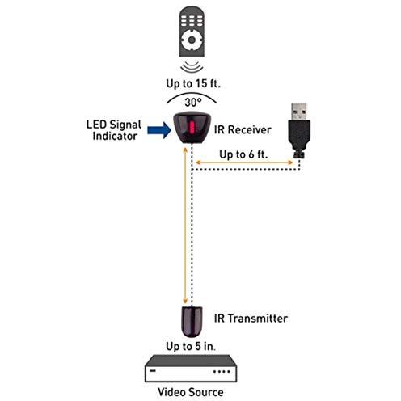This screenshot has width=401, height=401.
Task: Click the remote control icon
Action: click(x=192, y=32)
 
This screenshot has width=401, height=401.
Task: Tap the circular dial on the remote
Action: click(x=192, y=40)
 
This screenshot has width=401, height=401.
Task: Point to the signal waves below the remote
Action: click(x=192, y=67)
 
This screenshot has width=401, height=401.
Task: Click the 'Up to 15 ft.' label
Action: click(x=193, y=83)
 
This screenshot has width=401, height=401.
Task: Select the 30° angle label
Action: click(x=193, y=103)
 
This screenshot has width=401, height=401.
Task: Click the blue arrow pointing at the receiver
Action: click(x=159, y=130)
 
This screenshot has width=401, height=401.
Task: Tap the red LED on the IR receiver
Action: click(x=192, y=128)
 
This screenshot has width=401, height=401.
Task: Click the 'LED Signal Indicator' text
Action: click(x=114, y=130)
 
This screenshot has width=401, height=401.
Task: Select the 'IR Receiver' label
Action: click(x=243, y=130)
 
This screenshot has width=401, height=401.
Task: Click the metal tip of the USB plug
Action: click(x=299, y=112)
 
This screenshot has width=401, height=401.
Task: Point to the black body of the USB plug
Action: click(x=299, y=135)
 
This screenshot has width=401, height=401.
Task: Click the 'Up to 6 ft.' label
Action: click(x=243, y=154)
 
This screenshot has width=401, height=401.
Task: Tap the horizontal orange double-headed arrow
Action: click(x=244, y=163)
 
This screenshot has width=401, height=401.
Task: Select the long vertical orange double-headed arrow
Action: click(x=185, y=226)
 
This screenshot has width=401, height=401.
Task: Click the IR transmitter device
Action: click(x=192, y=322)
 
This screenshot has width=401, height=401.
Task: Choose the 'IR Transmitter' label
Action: click(x=251, y=319)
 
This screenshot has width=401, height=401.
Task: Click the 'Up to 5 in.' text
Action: click(x=191, y=347)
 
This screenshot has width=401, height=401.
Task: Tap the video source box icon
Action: click(x=191, y=369)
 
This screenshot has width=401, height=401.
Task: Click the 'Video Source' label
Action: click(x=191, y=392)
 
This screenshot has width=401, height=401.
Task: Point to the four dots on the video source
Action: click(x=222, y=372)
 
